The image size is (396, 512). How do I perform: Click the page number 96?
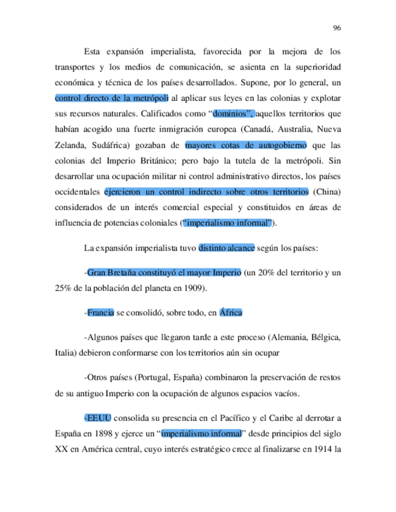337,28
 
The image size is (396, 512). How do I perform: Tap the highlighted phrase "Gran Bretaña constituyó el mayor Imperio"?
164,274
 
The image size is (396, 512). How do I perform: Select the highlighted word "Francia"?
100,313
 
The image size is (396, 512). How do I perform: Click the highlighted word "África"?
231,313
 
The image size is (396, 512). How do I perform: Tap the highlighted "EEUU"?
98,417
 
